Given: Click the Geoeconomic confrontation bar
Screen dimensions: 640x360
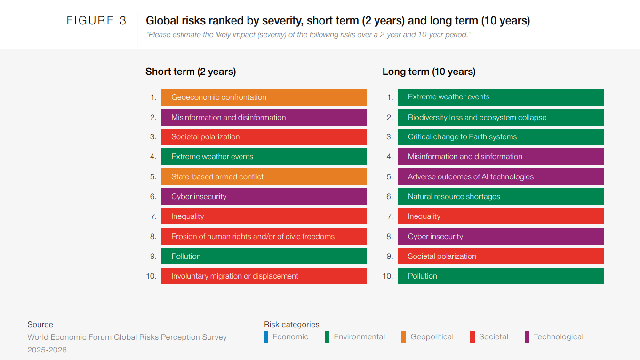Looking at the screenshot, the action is click(264, 97).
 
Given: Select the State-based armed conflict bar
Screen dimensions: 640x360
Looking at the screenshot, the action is click(264, 176).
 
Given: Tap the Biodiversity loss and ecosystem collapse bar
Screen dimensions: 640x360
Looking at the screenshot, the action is click(501, 118).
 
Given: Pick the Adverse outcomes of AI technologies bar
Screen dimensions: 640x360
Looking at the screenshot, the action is click(501, 176).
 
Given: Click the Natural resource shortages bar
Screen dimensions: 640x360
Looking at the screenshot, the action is click(501, 196).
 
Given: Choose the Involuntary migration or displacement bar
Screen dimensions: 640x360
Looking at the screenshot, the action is click(264, 276).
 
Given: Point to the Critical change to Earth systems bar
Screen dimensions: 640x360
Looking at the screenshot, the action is click(501, 137).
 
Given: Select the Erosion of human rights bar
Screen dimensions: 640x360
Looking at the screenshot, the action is click(264, 236).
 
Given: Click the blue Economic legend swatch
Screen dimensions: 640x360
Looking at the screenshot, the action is click(266, 337).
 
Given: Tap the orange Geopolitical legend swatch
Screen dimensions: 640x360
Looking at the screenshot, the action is click(404, 337).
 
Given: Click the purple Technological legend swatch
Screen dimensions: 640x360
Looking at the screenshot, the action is click(527, 337).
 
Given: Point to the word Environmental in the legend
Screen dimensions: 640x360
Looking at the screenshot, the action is click(359, 337).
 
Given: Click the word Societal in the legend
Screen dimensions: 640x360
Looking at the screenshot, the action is click(494, 337).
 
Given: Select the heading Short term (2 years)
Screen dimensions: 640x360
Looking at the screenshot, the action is click(191, 72).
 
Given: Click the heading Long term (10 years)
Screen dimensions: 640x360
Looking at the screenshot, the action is click(429, 72).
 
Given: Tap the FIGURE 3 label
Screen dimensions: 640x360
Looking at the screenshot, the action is click(96, 21).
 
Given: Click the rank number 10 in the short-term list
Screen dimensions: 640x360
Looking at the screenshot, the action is click(151, 276).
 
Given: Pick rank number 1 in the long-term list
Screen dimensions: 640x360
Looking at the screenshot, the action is click(390, 97).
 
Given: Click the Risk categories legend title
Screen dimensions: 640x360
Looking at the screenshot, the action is click(291, 325).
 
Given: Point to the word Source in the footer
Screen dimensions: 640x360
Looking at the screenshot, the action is click(40, 325).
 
